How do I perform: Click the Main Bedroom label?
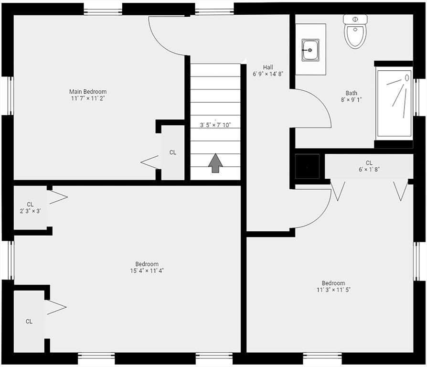pyautogui.click(x=88, y=92)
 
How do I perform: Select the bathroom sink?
pyautogui.click(x=310, y=50)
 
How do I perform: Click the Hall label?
pyautogui.click(x=268, y=67)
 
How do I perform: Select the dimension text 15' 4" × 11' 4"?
pyautogui.click(x=147, y=271)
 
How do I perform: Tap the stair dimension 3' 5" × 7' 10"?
pyautogui.click(x=215, y=125)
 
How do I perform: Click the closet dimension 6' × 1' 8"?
pyautogui.click(x=369, y=169)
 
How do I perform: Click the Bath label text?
pyautogui.click(x=352, y=93)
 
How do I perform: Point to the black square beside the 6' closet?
pyautogui.click(x=308, y=166)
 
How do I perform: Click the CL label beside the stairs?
pyautogui.click(x=173, y=152)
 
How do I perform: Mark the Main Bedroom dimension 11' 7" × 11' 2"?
pyautogui.click(x=88, y=98)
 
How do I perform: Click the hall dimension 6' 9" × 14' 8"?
pyautogui.click(x=268, y=74)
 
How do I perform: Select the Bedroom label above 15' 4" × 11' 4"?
pyautogui.click(x=147, y=264)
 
